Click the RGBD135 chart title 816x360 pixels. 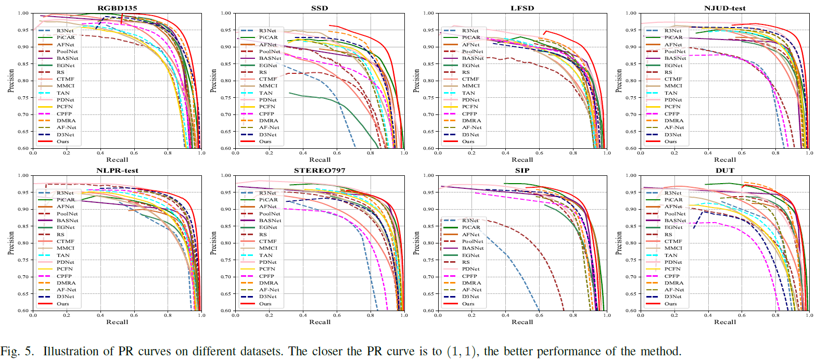117,7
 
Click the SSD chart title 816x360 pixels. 319,7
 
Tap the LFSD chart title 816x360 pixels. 522,7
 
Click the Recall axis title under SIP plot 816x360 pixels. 522,322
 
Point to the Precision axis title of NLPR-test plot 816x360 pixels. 11,243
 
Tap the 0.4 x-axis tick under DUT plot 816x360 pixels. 708,315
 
